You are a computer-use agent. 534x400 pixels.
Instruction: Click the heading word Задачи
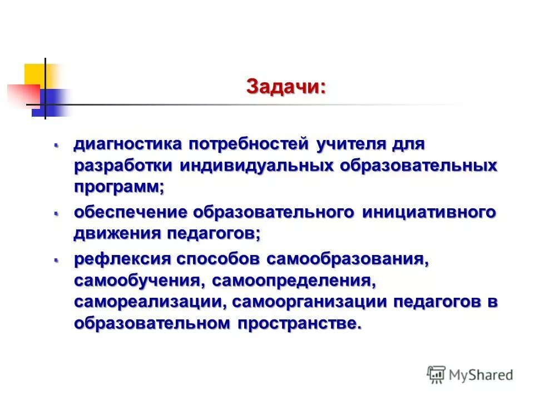(285, 87)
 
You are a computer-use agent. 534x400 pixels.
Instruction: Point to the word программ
(118, 187)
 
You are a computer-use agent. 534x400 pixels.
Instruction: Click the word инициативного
(429, 212)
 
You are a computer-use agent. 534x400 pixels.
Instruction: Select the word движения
(116, 233)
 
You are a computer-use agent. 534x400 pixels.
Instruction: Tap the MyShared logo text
(481, 375)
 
